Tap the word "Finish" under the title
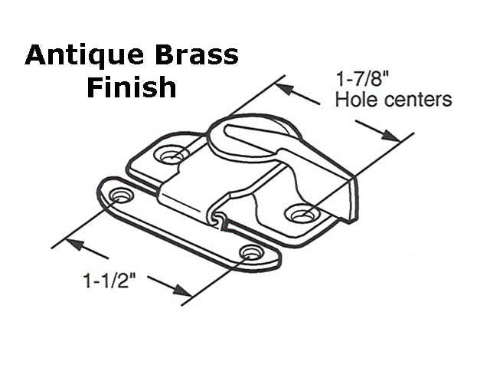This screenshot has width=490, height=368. point(131,87)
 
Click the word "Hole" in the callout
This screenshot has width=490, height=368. point(358,100)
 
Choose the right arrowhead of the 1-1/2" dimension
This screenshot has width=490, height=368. point(182,291)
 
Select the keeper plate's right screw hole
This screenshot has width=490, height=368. point(249,252)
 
